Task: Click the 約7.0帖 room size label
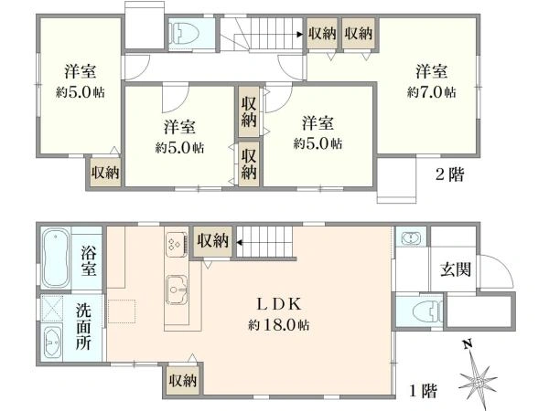[x=432, y=91]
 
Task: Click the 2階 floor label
[x=448, y=174]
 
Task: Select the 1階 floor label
[x=422, y=391]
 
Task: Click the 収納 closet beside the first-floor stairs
[x=212, y=240]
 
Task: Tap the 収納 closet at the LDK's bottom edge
[x=184, y=380]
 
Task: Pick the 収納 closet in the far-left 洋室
[x=104, y=172]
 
